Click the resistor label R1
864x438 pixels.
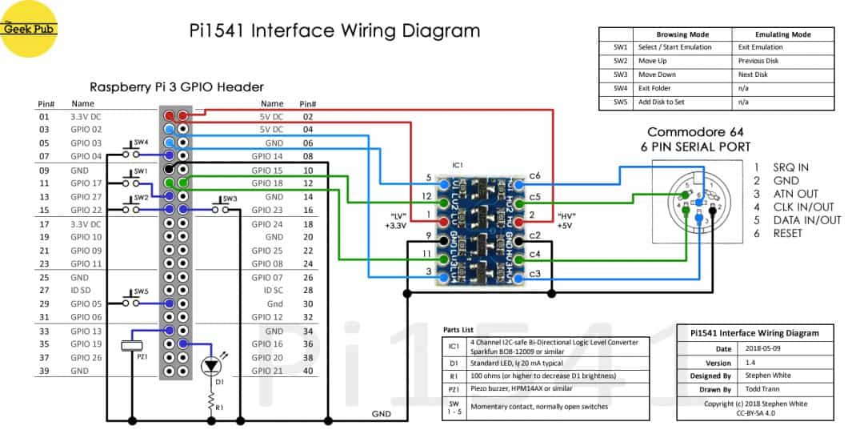pos(220,406)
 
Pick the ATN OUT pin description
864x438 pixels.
pos(796,194)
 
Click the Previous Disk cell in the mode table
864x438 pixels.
pos(760,61)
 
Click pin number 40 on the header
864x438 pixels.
pos(307,371)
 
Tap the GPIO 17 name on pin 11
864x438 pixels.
pos(86,183)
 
